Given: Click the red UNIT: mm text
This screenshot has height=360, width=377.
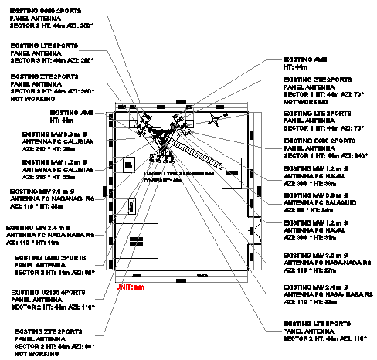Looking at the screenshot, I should pos(131,287).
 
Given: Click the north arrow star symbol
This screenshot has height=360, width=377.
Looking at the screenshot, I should pos(214,118).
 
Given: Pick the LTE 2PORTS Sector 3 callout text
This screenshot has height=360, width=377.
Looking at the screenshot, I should pos(51,52).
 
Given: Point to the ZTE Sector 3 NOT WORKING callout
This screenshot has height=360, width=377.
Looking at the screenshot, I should pos(50,87).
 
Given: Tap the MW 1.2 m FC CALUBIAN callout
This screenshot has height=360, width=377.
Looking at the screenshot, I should pos(57,168).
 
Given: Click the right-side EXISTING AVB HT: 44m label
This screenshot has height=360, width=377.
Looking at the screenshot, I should pos(309,63).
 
